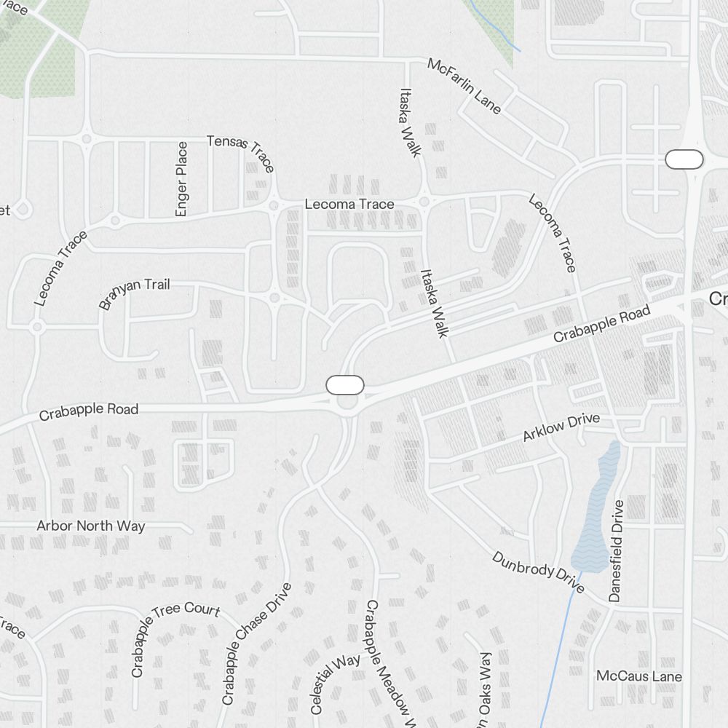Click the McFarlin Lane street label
point(464,86)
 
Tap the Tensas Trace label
point(241,153)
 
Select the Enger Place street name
point(181,179)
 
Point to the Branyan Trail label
point(135,293)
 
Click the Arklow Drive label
point(561,427)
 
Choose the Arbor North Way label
point(91,526)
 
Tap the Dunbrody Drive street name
point(538,572)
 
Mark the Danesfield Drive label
point(617,550)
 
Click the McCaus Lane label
point(639,676)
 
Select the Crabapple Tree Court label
point(175,638)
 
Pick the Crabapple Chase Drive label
point(256,644)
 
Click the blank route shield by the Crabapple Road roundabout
point(345,385)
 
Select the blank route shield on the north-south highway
point(684,159)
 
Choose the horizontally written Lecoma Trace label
point(349,204)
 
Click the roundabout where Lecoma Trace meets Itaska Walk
point(424,202)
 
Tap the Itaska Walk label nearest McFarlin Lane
point(410,122)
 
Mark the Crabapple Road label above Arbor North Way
point(89,411)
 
